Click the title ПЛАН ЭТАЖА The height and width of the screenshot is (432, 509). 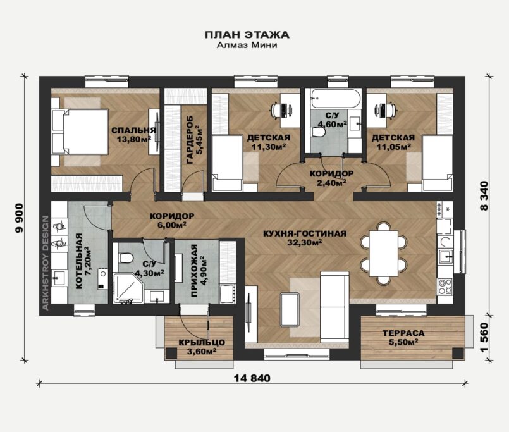(x=247, y=34)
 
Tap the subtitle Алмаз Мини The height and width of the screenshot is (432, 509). (x=247, y=45)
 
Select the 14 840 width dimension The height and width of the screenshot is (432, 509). (x=252, y=378)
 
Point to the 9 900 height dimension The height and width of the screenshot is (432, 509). (x=20, y=218)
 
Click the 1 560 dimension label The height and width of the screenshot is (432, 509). (x=484, y=337)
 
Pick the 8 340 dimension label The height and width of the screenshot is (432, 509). (x=484, y=196)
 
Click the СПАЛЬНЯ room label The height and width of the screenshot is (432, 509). (x=134, y=130)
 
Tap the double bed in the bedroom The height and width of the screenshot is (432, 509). (x=80, y=132)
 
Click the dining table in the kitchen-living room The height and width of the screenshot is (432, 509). (x=384, y=254)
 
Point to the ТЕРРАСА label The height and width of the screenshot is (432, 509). (x=403, y=333)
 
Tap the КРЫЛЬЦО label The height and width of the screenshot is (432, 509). (x=202, y=343)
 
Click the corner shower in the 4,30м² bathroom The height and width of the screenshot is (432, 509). (x=128, y=288)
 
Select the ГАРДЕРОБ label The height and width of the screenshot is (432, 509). (x=190, y=140)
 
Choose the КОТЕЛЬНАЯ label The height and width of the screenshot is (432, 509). (x=78, y=261)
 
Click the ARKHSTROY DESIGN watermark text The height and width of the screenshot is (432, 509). (x=46, y=262)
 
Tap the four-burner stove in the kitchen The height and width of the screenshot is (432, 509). (x=445, y=286)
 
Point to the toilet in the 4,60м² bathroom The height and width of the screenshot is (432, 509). (x=319, y=132)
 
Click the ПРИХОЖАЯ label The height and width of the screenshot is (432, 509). (x=194, y=271)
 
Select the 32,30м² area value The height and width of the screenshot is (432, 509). (x=305, y=242)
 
